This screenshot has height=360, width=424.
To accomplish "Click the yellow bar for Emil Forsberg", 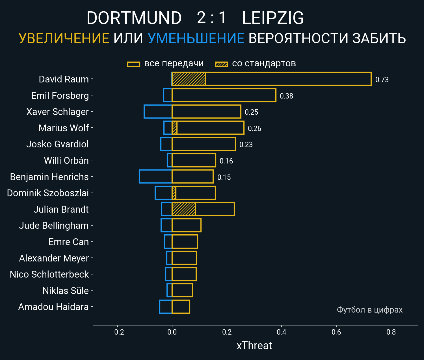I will click(x=224, y=95).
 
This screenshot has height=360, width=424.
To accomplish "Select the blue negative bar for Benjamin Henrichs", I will click(x=155, y=176).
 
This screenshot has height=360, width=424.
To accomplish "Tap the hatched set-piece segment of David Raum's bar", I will click(x=189, y=79).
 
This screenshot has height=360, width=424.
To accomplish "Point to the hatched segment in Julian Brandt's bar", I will click(x=184, y=209).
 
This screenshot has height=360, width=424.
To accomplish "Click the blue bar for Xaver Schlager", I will click(x=158, y=112).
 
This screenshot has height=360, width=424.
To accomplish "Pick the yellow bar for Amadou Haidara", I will click(x=181, y=307).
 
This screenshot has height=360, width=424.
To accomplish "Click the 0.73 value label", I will click(x=382, y=80).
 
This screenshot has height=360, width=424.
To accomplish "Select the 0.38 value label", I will click(x=286, y=96).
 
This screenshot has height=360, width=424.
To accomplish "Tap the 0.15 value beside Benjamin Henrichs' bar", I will click(x=224, y=177).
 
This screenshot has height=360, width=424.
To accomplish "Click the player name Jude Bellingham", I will click(x=54, y=226).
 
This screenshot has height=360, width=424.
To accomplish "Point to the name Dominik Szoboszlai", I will click(x=48, y=193).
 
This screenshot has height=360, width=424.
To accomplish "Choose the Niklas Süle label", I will click(x=66, y=291).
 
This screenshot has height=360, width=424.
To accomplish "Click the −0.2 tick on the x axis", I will click(x=117, y=332).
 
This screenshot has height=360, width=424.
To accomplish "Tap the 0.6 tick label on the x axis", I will click(x=336, y=332).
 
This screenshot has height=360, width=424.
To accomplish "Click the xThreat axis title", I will click(x=254, y=346).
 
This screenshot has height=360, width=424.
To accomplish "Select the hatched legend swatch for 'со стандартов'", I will click(x=221, y=64).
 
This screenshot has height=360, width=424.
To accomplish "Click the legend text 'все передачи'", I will click(x=174, y=64).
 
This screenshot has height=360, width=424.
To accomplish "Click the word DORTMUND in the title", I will click(x=134, y=18).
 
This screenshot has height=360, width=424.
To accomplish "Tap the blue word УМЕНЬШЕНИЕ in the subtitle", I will click(x=196, y=38).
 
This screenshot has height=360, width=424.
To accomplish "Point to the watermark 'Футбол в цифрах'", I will click(x=369, y=310).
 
